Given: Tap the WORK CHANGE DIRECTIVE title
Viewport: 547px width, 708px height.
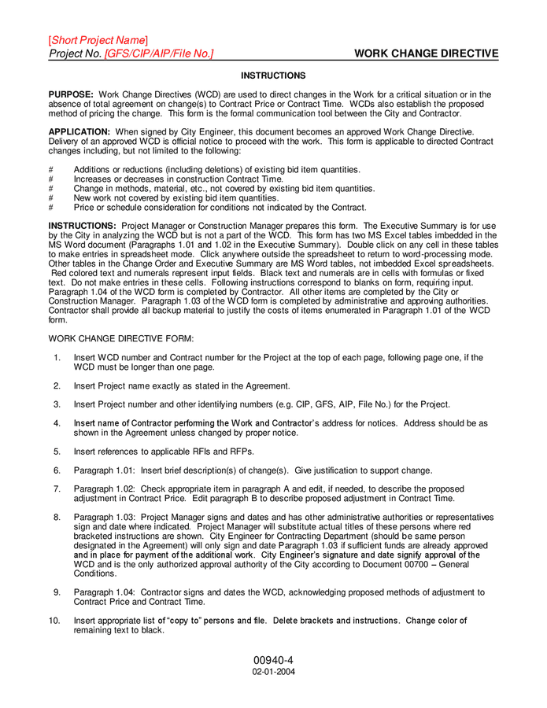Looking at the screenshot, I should [x=426, y=53].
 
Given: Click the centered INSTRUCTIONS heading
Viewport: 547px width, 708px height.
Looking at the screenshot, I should [x=273, y=76].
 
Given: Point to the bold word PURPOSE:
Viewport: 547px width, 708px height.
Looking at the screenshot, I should [x=72, y=94].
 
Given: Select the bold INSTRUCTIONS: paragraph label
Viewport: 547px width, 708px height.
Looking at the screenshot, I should [x=83, y=226].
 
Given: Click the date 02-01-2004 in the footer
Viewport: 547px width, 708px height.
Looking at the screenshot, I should [x=273, y=673].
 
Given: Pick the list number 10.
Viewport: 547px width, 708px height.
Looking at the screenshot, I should [x=54, y=621].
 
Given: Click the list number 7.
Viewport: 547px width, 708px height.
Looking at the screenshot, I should [x=57, y=489].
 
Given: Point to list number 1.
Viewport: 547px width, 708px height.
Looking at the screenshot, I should [x=57, y=358].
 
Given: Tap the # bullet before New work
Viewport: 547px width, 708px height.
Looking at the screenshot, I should [x=51, y=198].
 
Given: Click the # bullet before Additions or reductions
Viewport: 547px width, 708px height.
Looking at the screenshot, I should [x=51, y=170].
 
